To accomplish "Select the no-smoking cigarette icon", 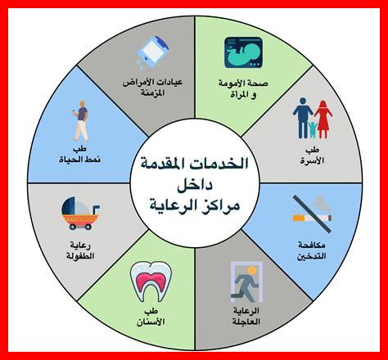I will [310, 210].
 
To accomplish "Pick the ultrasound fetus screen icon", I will [246, 53].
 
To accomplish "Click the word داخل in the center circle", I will [195, 182].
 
